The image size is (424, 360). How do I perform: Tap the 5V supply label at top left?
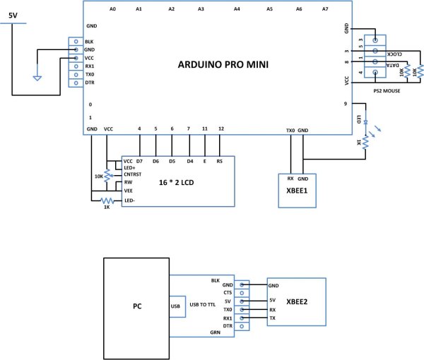13,14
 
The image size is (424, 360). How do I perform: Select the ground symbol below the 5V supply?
38,79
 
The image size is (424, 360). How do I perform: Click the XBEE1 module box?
296,189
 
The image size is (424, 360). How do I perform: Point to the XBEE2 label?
295,299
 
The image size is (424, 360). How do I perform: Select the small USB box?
175,307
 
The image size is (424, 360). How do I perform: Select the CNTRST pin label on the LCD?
134,174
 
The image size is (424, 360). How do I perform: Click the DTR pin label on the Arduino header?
89,83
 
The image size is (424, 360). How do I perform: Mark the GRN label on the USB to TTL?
225,330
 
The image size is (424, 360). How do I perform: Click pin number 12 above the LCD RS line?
221,128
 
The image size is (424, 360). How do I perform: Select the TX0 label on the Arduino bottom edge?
290,130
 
